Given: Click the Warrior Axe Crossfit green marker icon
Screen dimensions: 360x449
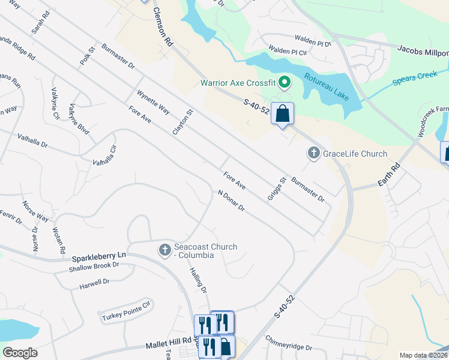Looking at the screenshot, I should click(285, 81).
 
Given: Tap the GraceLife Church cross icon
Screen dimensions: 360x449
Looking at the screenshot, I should click(313, 154).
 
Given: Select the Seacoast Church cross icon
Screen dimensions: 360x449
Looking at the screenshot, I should click(164, 250).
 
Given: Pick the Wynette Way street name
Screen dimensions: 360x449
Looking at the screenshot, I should click(153, 103).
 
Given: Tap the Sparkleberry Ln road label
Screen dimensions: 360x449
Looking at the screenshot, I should click(98, 256).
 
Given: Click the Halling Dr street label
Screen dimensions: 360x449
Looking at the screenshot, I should click(198, 280).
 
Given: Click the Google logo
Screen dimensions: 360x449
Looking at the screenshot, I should click(20, 352).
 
